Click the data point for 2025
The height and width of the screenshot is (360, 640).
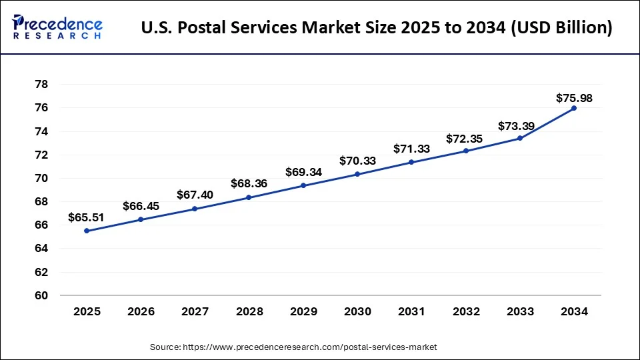click(x=87, y=231)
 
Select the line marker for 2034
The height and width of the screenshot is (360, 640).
click(x=573, y=108)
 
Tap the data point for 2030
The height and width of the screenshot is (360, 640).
click(x=357, y=174)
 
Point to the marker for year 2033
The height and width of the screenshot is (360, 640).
click(x=519, y=138)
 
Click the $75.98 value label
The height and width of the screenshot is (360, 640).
click(x=573, y=98)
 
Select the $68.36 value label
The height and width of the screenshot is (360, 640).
click(x=249, y=183)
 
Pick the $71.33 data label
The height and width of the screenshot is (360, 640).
click(x=411, y=148)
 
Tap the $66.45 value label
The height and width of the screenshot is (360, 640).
click(x=141, y=206)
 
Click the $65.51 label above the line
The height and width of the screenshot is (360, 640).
click(x=87, y=217)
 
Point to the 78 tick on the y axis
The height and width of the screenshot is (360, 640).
click(x=41, y=85)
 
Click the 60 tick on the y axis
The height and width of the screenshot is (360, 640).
click(x=41, y=295)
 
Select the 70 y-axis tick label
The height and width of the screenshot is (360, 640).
click(x=41, y=178)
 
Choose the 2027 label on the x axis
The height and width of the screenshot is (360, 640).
click(x=195, y=311)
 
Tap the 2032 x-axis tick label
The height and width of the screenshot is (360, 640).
click(x=465, y=311)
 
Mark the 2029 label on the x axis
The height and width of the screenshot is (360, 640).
click(x=303, y=311)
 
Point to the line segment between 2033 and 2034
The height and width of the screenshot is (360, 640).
click(x=547, y=123)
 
